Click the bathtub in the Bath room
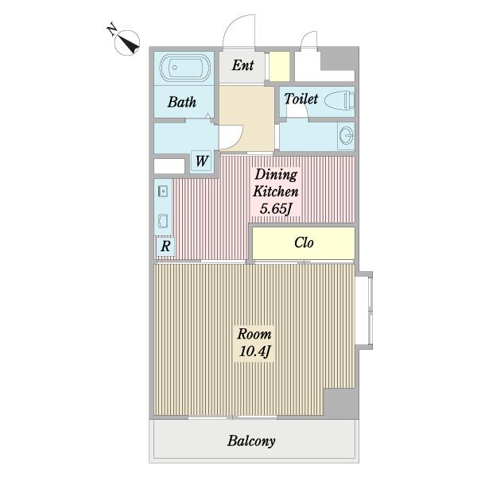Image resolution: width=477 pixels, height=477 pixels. [x=185, y=68]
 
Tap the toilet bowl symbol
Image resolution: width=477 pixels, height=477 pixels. [x=339, y=101]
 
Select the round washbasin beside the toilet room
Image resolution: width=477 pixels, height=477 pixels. [x=346, y=136]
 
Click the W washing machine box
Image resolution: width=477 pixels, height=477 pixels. [x=201, y=161]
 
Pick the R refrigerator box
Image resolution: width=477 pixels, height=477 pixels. [x=165, y=246]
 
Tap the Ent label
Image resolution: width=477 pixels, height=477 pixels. [x=242, y=65]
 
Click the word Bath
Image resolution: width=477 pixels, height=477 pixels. [x=181, y=103]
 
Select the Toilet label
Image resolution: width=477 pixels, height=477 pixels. [x=301, y=99]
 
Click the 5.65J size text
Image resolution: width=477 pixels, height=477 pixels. [x=276, y=208]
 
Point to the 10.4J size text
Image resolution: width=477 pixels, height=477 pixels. [x=254, y=351]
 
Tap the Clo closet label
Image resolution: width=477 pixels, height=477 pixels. [x=304, y=242]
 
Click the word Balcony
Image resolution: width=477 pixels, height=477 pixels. [x=251, y=440]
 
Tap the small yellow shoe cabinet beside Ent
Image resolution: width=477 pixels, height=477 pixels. [x=279, y=67]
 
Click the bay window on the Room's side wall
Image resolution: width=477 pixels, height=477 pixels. [x=364, y=311]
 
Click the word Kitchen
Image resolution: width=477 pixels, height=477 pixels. [x=276, y=192]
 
